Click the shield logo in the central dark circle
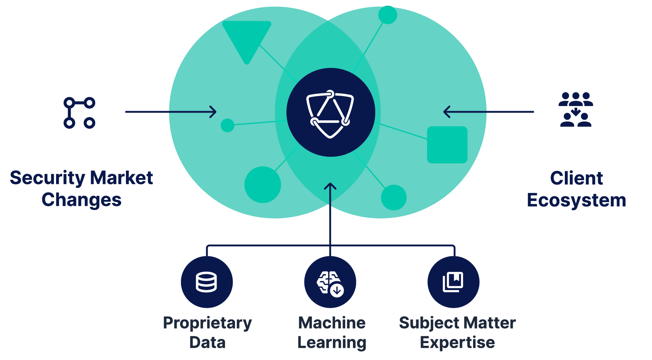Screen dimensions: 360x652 (330, 114)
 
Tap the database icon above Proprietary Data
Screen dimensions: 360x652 (207, 282)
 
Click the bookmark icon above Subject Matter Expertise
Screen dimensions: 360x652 (453, 282)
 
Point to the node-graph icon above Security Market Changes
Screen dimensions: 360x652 (79, 113)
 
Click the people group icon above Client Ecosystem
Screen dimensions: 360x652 (576, 109)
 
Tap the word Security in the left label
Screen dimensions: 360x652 (47, 178)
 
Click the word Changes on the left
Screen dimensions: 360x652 (81, 200)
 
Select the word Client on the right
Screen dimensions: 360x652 (576, 178)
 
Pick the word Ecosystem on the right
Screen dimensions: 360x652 (576, 200)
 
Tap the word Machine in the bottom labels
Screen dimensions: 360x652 (332, 323)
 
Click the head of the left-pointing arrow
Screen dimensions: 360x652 (447, 112)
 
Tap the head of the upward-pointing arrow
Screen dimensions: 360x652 (330, 186)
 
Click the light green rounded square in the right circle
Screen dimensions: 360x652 (447, 145)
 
